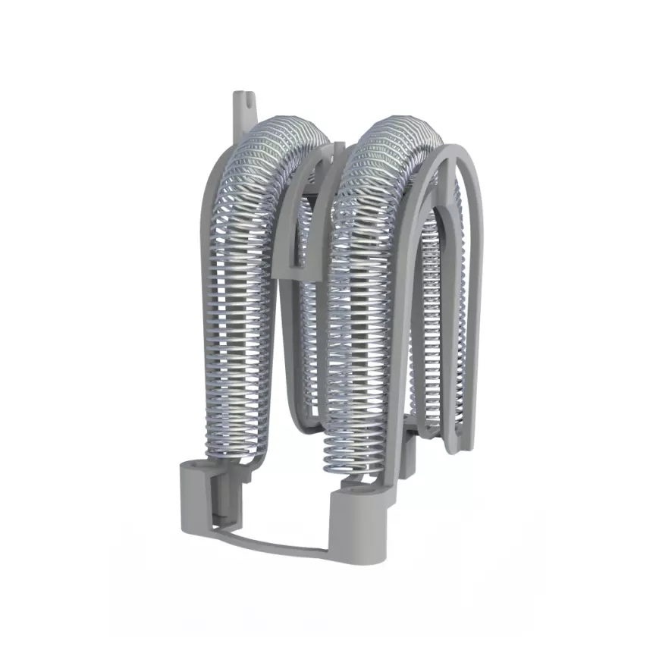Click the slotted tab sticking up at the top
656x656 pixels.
[x=241, y=106]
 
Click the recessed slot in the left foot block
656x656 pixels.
[x=220, y=501]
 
